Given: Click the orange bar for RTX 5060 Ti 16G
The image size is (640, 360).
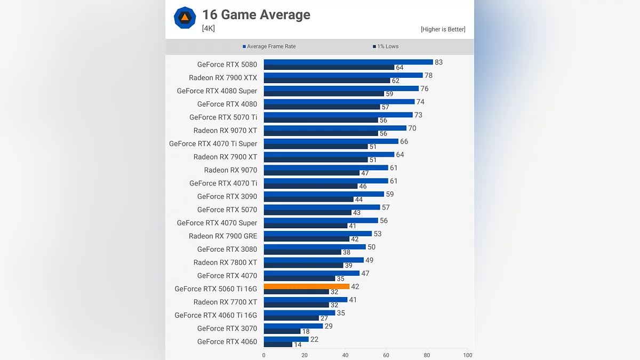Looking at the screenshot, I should [x=307, y=286].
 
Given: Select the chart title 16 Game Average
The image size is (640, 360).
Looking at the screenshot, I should [x=256, y=14].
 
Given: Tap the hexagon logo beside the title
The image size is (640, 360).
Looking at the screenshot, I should [x=185, y=18].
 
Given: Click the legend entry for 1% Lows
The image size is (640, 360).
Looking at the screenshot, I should [x=386, y=46].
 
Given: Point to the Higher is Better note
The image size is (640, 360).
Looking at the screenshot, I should [x=443, y=29].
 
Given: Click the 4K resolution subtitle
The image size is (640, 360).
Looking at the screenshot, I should [x=209, y=28].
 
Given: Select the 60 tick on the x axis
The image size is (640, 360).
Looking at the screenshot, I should [x=386, y=355].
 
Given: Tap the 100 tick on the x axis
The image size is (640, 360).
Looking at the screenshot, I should [x=467, y=355].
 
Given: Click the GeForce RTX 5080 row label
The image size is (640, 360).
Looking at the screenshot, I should [x=227, y=65].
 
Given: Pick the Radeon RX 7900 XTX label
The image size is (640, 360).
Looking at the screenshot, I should [x=223, y=78].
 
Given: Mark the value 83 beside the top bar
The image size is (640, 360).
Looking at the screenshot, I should [x=438, y=62].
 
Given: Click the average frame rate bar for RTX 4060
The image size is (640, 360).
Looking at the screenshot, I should [x=286, y=339].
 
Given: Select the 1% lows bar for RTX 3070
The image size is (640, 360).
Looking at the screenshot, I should [x=282, y=331].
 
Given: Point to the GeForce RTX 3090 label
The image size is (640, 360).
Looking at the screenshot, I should [x=227, y=197].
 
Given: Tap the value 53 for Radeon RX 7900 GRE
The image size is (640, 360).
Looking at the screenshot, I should [x=378, y=234].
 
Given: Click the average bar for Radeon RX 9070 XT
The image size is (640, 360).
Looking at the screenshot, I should [x=335, y=128].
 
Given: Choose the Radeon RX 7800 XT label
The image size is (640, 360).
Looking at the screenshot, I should [x=225, y=262].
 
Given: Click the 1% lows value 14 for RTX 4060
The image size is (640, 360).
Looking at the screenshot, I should [x=298, y=345].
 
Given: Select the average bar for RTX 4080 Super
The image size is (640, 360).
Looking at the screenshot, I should [x=341, y=89].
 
